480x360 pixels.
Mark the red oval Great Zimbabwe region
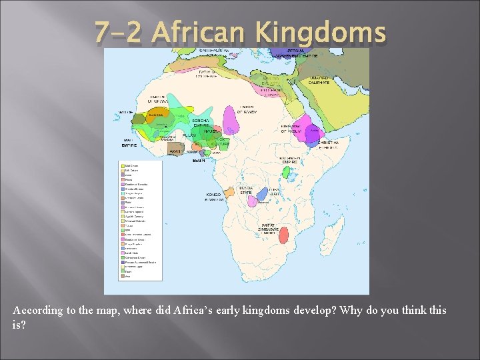[284, 236]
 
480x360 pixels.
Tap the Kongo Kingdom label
[213, 196]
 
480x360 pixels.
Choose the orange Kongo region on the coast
[229, 192]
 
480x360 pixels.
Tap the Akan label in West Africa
[175, 151]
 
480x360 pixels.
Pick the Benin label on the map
[199, 160]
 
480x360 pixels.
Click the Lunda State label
[246, 190]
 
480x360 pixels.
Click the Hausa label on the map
[211, 133]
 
